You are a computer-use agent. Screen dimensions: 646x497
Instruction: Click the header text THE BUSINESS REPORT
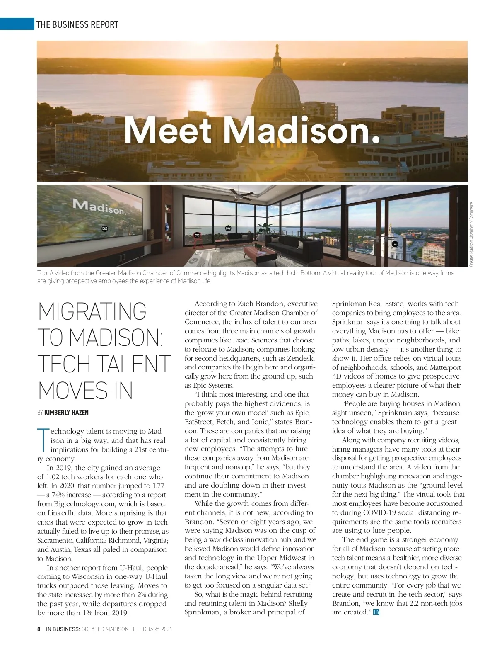pos(77,24)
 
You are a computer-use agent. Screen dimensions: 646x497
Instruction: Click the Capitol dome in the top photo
pos(277,91)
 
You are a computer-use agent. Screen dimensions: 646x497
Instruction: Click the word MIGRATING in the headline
pos(92,311)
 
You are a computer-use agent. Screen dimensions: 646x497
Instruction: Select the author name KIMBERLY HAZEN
pos(66,413)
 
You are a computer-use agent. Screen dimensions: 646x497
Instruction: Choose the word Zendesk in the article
pos(301,358)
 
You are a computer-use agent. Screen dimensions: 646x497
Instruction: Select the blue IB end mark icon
pos(376,612)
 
